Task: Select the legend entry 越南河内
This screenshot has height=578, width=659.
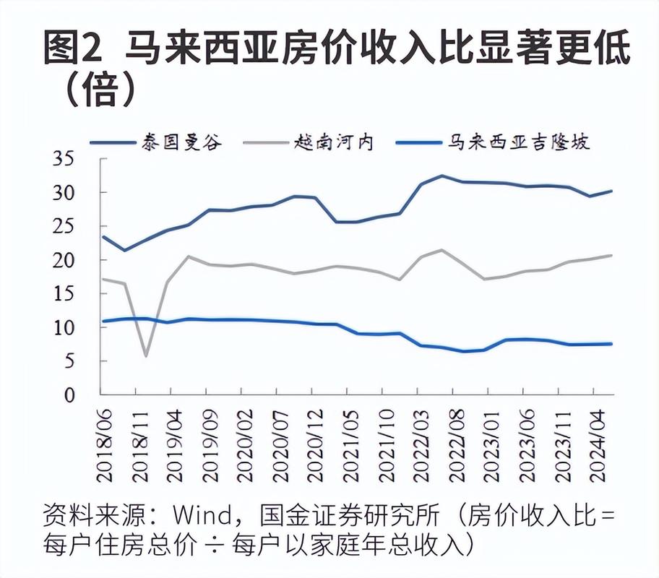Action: coord(333,141)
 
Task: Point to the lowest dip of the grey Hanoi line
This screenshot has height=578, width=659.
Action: coord(147,355)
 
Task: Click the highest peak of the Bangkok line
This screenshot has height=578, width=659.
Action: coord(442,176)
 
